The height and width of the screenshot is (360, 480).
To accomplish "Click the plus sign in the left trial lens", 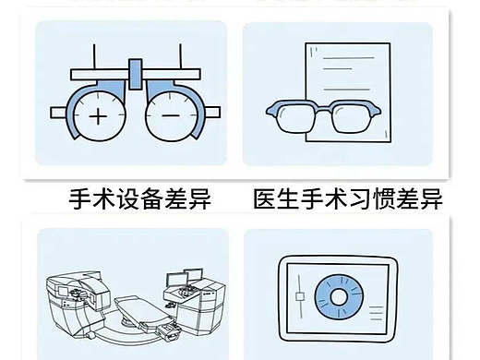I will (96, 117).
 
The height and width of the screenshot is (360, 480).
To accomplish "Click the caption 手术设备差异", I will (139, 198).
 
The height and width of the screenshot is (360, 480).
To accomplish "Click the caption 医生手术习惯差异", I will (347, 198).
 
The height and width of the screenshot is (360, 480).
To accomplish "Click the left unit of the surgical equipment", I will (74, 300).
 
